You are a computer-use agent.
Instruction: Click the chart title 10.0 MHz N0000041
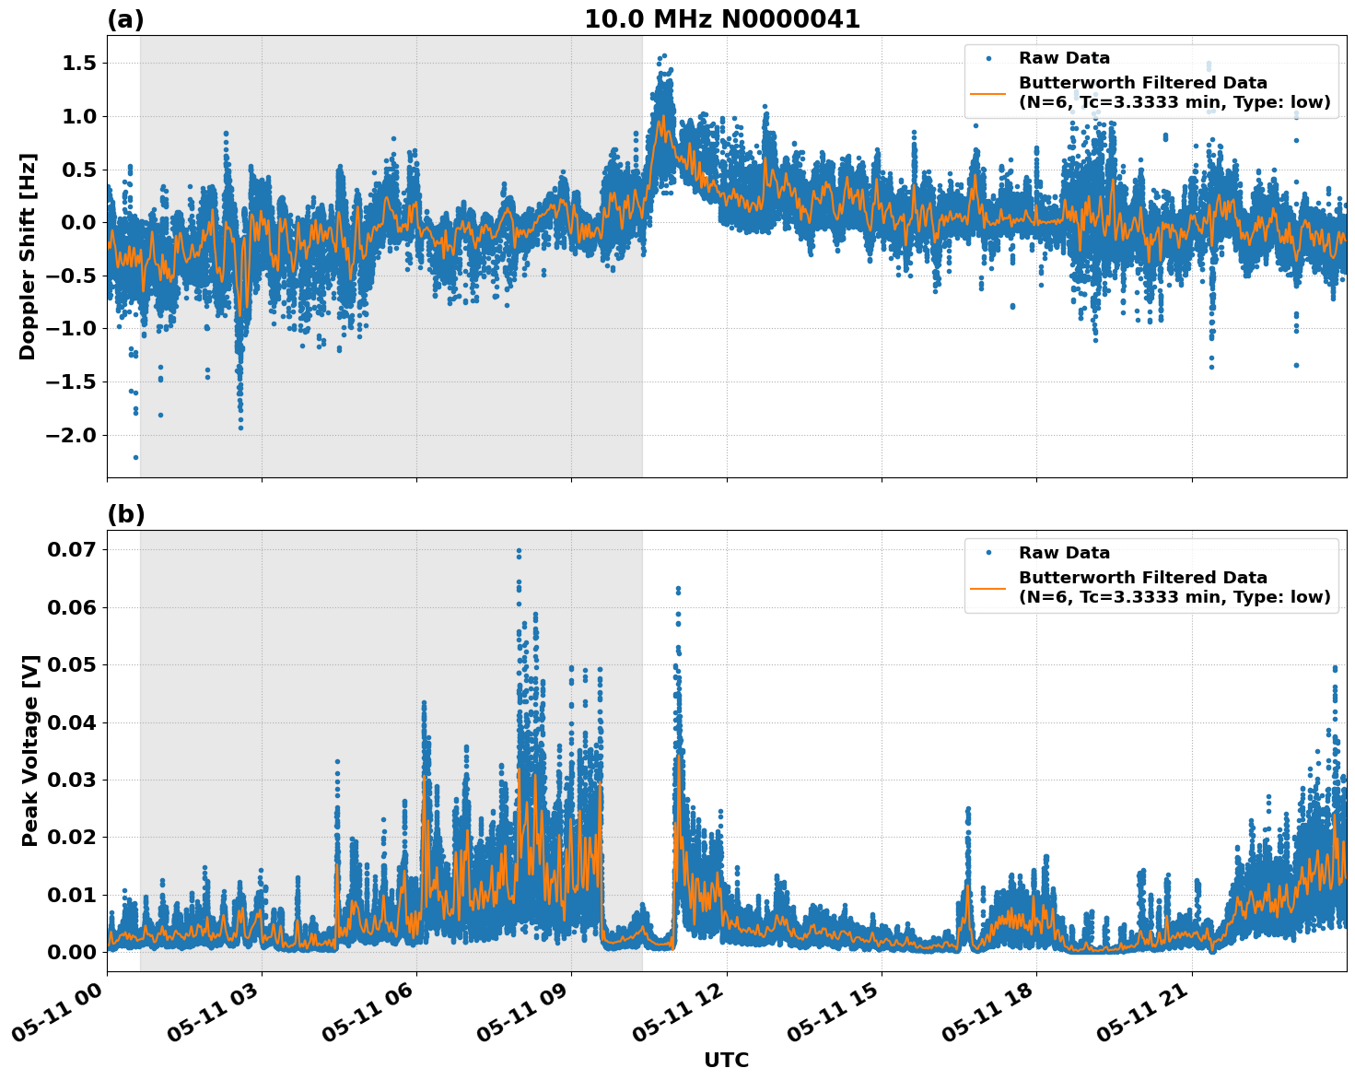[721, 19]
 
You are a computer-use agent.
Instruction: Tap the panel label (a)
[125, 19]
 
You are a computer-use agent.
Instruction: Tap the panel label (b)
[125, 514]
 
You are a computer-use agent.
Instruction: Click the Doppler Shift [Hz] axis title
[28, 256]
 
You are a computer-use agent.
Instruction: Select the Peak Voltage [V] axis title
[30, 751]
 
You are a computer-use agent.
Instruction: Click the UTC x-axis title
[726, 1060]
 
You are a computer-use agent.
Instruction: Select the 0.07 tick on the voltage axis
[71, 549]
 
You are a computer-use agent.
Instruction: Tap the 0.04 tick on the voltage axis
[71, 722]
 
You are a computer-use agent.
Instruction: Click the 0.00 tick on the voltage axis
[71, 952]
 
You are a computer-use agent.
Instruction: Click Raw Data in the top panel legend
[1064, 58]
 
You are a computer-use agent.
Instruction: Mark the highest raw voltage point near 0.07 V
[519, 551]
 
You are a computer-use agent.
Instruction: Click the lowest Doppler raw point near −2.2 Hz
[135, 457]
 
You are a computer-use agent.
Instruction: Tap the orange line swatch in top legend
[987, 92]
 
